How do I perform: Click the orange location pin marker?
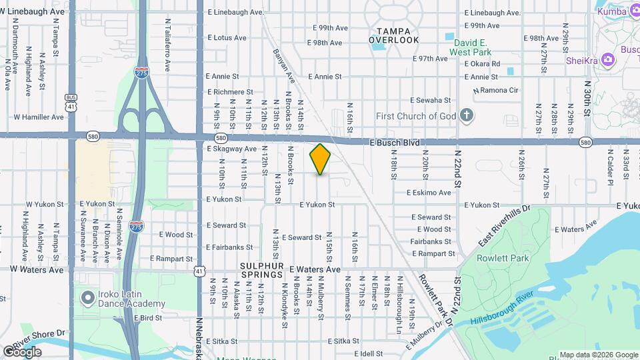click(x=321, y=159)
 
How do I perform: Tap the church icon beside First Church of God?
click(x=467, y=115)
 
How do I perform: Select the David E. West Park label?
click(x=468, y=47)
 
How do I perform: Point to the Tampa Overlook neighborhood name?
click(x=394, y=35)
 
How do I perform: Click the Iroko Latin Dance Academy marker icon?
click(x=87, y=297)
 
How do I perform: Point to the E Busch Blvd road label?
click(x=396, y=143)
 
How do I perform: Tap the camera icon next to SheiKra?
click(x=607, y=60)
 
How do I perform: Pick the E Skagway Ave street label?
click(x=231, y=149)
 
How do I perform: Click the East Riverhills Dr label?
click(x=504, y=225)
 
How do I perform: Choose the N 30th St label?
click(x=587, y=99)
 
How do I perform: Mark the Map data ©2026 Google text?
click(x=598, y=355)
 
